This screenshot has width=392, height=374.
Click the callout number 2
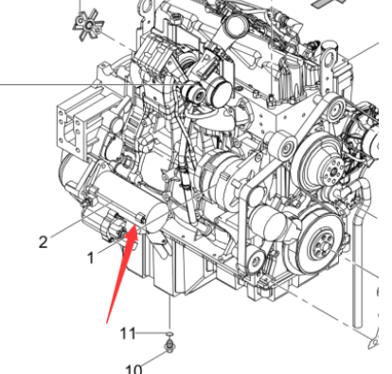[43, 241]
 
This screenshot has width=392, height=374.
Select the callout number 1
[91, 257]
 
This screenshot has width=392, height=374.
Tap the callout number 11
[128, 332]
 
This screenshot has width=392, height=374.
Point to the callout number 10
[134, 367]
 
